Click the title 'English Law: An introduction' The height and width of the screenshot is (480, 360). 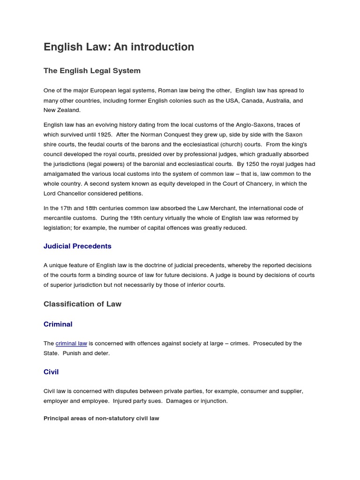[119, 47]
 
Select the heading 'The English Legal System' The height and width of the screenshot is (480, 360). [92, 71]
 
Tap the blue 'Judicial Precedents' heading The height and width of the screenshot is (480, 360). [77, 246]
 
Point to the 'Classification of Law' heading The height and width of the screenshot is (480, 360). [82, 304]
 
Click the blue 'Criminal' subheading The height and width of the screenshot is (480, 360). [58, 324]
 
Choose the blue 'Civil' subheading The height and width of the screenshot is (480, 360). [51, 372]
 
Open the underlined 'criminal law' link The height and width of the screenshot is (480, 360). [71, 344]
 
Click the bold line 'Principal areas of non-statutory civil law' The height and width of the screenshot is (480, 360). [101, 418]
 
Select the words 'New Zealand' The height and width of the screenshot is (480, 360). [62, 110]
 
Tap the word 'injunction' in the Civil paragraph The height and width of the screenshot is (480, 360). [213, 401]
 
